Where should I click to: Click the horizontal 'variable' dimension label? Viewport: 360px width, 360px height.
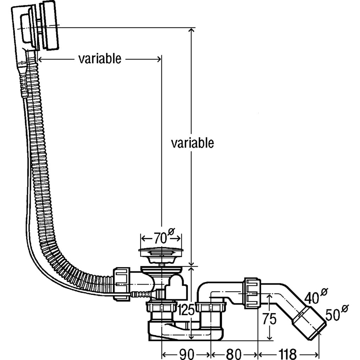pyautogui.click(x=99, y=59)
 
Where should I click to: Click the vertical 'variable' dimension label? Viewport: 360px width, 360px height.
pyautogui.click(x=192, y=143)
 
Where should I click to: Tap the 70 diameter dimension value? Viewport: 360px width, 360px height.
pyautogui.click(x=160, y=239)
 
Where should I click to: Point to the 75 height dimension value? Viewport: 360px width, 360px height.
pyautogui.click(x=269, y=320)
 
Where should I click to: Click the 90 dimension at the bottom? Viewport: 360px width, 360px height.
pyautogui.click(x=186, y=353)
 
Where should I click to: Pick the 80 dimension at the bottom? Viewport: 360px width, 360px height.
pyautogui.click(x=234, y=353)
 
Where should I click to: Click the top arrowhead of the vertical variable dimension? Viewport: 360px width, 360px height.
pyautogui.click(x=191, y=30)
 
